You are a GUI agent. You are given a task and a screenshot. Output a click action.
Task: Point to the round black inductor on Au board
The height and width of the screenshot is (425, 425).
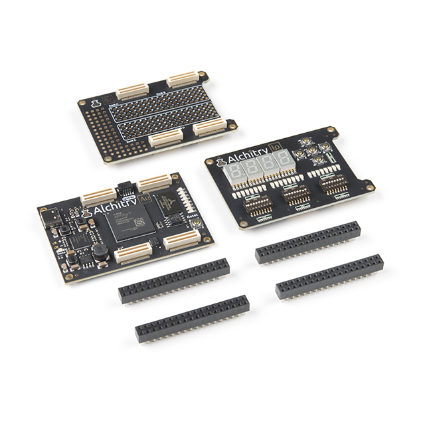click(98, 250)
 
